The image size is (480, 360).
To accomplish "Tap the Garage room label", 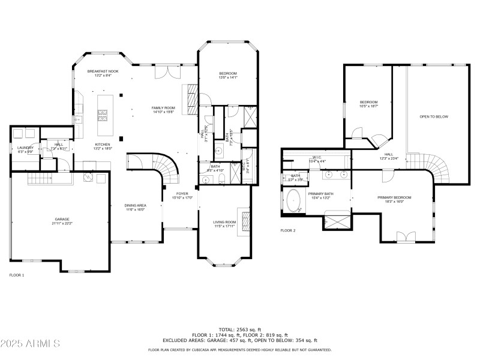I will click(x=59, y=221).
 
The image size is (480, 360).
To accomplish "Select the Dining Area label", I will click(x=136, y=207).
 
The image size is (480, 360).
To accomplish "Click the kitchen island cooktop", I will click(x=102, y=113).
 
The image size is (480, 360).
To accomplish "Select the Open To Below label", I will click(x=434, y=116).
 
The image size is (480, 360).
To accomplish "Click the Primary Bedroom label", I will click(x=391, y=200).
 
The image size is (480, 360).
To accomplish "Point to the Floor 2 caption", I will click(x=288, y=230).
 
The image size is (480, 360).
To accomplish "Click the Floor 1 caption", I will click(x=17, y=275).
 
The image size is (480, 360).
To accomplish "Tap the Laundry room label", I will click(x=25, y=149).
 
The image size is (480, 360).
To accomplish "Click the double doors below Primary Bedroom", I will click(x=406, y=236).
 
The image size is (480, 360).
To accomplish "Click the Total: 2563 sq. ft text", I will click(x=239, y=329).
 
